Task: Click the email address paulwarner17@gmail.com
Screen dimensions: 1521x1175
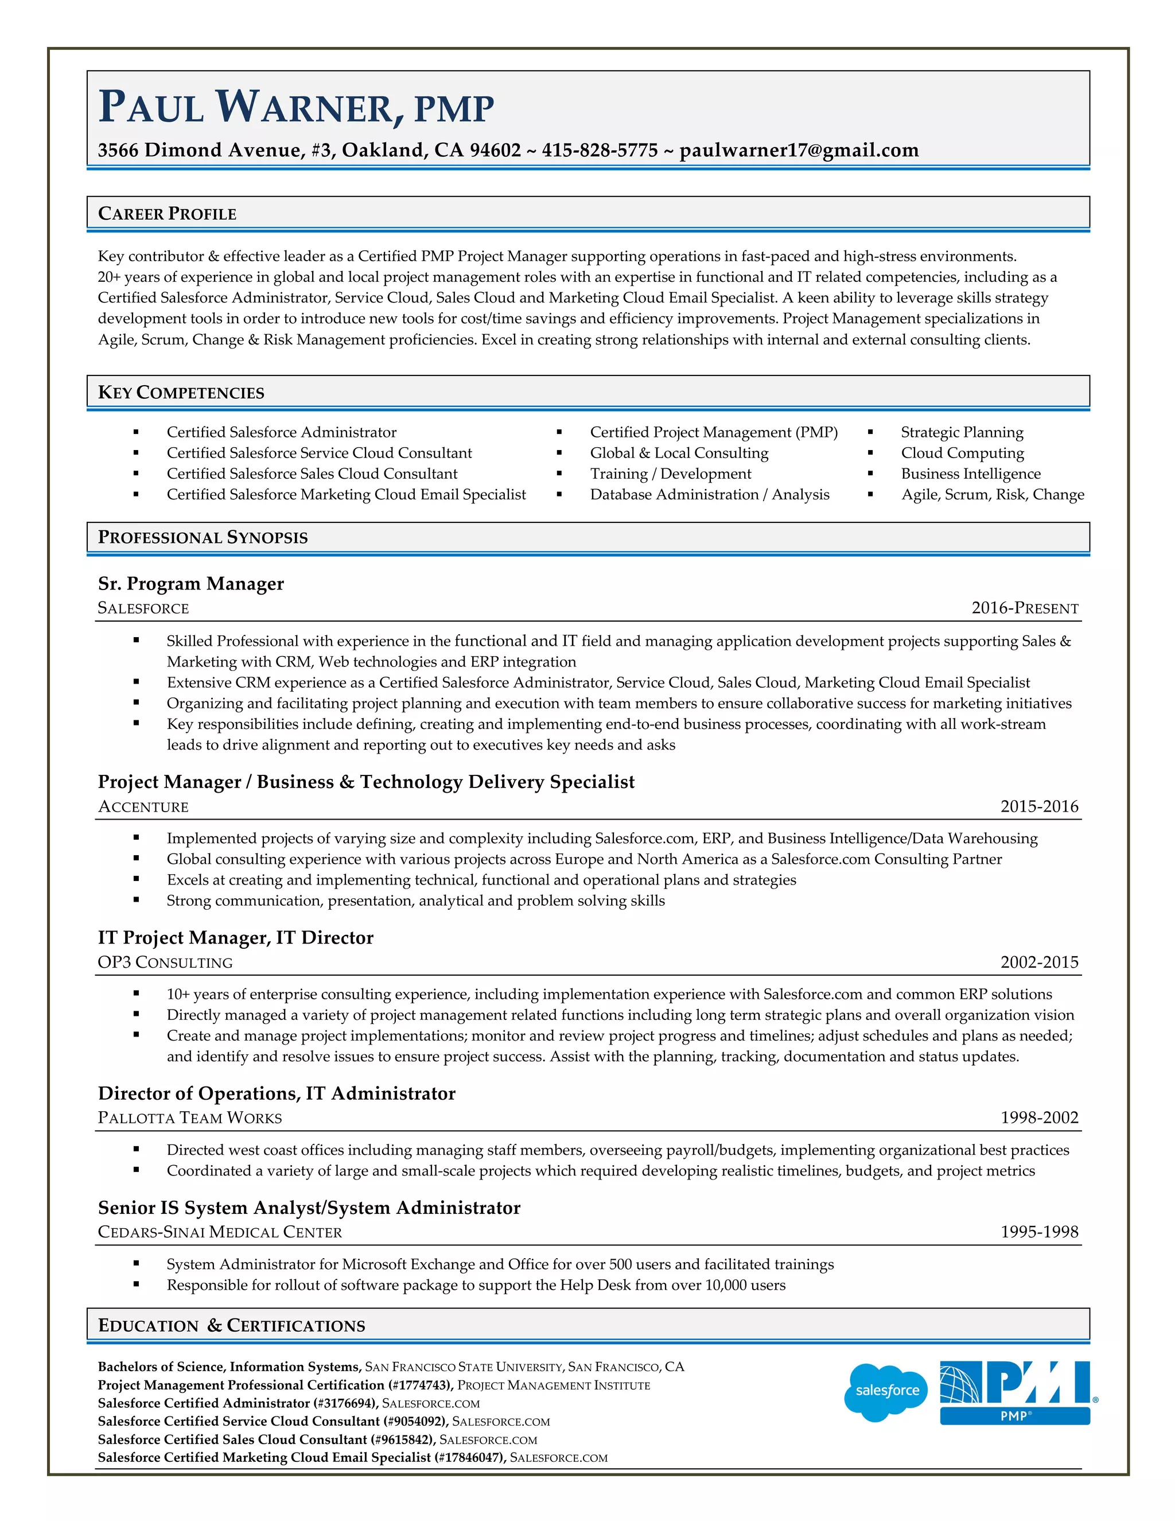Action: (799, 150)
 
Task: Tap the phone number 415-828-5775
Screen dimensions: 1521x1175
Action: (600, 150)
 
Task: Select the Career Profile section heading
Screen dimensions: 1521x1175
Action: (167, 214)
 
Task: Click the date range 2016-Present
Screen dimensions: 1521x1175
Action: (1025, 608)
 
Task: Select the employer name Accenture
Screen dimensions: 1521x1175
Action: (143, 806)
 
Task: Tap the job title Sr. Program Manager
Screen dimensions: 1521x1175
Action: (190, 584)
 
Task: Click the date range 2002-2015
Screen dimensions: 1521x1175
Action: (1039, 963)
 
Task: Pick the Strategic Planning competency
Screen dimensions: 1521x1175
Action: (962, 433)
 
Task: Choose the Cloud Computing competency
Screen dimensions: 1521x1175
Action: (962, 453)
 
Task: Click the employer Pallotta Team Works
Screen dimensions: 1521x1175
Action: (189, 1118)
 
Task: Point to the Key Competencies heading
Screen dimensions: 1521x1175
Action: (181, 393)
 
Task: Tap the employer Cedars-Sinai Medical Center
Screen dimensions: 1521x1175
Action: (220, 1232)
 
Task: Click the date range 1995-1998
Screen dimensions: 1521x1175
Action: (1039, 1232)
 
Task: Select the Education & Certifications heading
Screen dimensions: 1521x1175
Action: (231, 1325)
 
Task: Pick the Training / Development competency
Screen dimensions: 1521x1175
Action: (670, 474)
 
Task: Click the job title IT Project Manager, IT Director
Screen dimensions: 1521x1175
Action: (235, 938)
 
